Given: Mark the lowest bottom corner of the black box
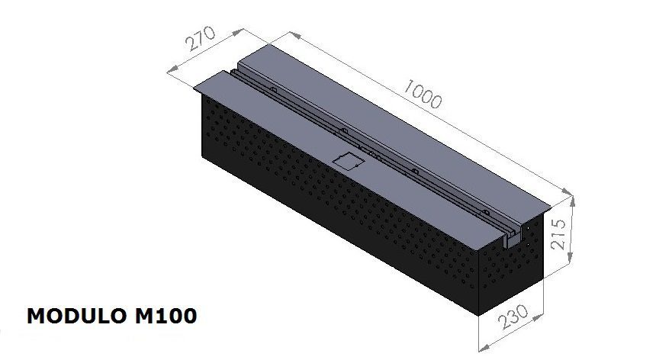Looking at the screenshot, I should point(474,313).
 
